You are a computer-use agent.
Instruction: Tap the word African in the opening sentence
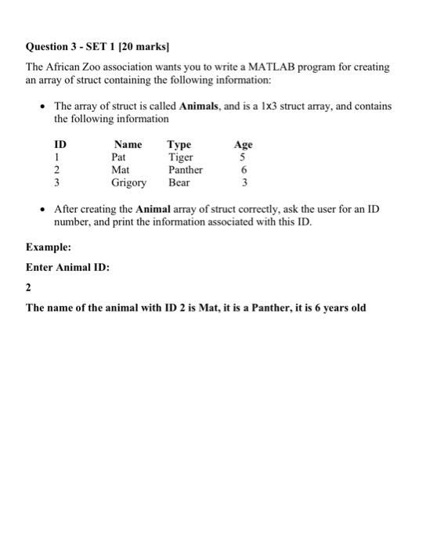pos(65,67)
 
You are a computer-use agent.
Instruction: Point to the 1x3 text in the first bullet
pos(280,106)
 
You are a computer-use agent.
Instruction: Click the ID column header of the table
pos(60,145)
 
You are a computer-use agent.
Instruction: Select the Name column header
pos(128,145)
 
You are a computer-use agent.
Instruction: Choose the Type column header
pos(179,145)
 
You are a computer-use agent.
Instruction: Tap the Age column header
pos(244,145)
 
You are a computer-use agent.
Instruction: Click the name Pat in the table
pos(119,157)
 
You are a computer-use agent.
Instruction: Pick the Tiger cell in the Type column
pos(181,157)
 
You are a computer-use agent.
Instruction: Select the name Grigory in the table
pos(128,182)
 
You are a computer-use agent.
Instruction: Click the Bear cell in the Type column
pos(179,182)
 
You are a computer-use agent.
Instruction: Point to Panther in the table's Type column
pos(186,170)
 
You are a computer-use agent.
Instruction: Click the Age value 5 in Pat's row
pos(244,157)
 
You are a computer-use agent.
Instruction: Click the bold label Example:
pos(49,247)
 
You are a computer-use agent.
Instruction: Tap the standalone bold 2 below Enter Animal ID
pos(28,287)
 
